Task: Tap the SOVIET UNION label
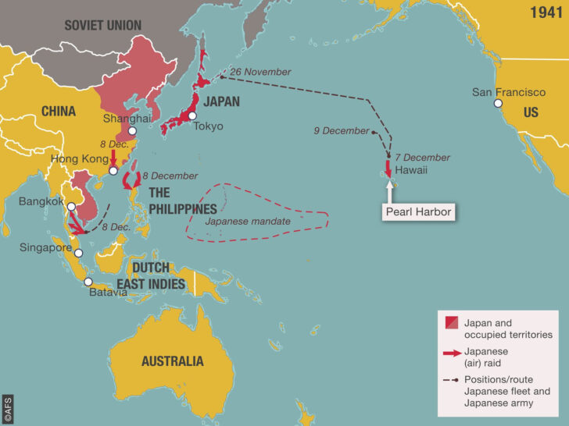102,25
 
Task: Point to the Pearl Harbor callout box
417,211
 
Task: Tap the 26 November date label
263,72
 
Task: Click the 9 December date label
341,130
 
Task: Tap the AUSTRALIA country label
172,360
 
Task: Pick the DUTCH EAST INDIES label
159,275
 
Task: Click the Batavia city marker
88,282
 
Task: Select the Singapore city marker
77,254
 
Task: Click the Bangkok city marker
71,208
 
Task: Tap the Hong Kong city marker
113,170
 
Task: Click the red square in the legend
451,322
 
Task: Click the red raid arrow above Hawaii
388,167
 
